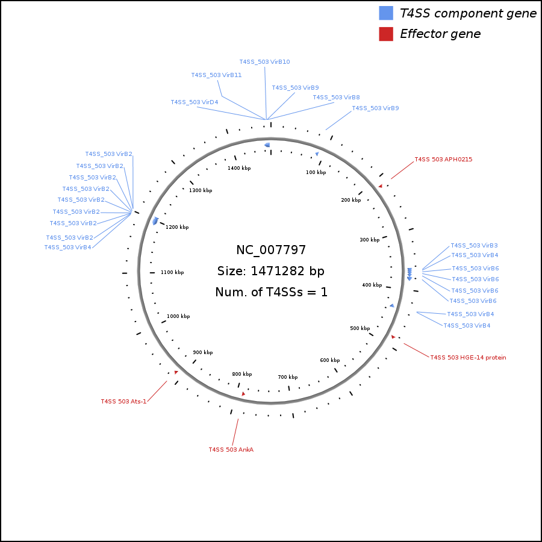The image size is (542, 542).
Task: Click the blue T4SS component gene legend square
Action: [x=386, y=13]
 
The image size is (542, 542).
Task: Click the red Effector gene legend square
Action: [x=386, y=34]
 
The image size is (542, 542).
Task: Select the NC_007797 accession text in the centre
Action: [x=271, y=250]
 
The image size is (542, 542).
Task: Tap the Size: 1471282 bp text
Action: [x=271, y=271]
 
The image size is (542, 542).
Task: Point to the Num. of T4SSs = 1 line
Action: [x=271, y=293]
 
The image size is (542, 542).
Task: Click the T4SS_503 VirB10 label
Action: [x=264, y=62]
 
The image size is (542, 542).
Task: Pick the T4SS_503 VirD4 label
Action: [x=194, y=102]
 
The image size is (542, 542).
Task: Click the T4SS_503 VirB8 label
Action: [x=336, y=98]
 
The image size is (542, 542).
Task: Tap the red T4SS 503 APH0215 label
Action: [x=443, y=160]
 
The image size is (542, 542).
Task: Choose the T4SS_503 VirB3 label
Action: [x=474, y=246]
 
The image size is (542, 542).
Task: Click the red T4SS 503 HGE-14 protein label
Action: [x=468, y=358]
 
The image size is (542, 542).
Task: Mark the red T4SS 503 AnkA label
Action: [x=231, y=449]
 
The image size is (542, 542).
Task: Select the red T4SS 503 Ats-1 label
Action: [x=123, y=402]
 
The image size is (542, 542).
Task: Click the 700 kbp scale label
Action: [x=287, y=377]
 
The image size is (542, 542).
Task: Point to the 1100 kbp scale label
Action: [x=172, y=272]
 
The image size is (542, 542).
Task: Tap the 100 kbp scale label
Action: [x=316, y=173]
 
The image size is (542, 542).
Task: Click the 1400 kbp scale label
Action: [x=239, y=168]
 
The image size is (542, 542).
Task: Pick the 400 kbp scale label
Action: [x=372, y=285]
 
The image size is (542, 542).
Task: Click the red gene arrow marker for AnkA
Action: [x=243, y=394]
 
